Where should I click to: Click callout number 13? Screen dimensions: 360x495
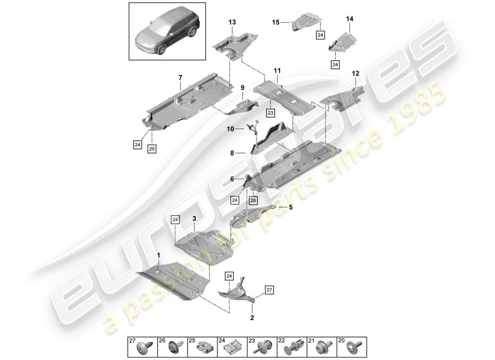[x=232, y=22]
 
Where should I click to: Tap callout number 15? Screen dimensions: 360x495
[x=275, y=22]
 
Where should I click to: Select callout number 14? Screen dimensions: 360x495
[x=350, y=18]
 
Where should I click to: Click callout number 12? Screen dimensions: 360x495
[x=356, y=73]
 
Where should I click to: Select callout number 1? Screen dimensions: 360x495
[x=158, y=255]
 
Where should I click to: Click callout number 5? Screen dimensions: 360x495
[x=291, y=207]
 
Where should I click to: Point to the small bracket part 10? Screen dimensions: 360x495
[x=254, y=129]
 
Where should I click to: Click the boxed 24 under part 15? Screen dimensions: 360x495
[x=320, y=35]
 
